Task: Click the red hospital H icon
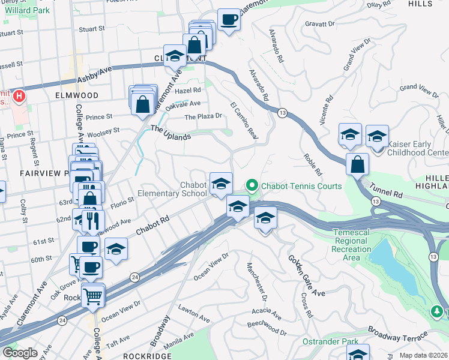click(x=19, y=95)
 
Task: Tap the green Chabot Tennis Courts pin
click(x=252, y=186)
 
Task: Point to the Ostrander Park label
click(x=342, y=341)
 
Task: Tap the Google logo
click(x=20, y=353)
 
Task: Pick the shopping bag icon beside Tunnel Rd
click(x=357, y=164)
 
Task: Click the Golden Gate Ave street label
click(x=306, y=276)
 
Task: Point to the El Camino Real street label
click(x=244, y=122)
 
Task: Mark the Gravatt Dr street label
click(x=319, y=25)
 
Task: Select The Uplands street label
click(x=170, y=133)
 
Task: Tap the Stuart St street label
click(x=92, y=28)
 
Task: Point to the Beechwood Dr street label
click(x=267, y=329)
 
